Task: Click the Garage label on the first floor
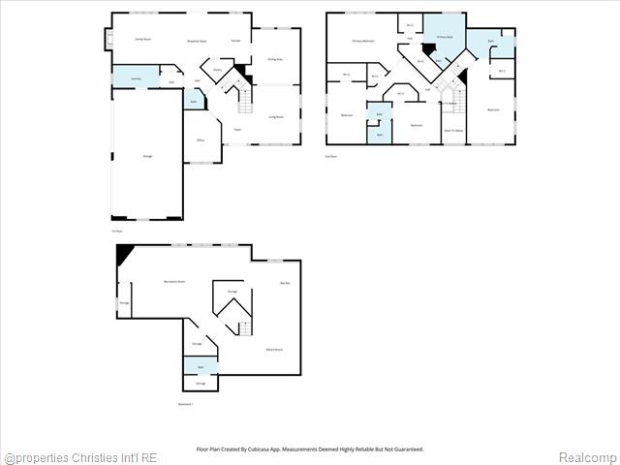point(147,156)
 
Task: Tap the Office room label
point(201,140)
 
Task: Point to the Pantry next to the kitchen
point(218,71)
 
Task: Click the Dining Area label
point(275,59)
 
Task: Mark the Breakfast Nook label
point(198,41)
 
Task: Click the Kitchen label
point(235,41)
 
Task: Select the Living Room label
point(276,116)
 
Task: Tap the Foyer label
point(237,129)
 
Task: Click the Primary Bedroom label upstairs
point(363,42)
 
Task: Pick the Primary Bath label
point(445,36)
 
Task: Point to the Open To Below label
point(453,129)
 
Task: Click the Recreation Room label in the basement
point(175,281)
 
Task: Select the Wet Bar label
point(285,283)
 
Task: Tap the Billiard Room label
point(274,349)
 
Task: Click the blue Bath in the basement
point(201,367)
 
